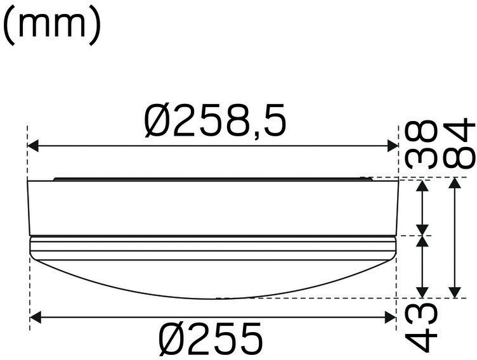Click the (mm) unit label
click(53, 26)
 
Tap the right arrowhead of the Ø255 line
click(390, 316)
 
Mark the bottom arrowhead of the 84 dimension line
click(455, 292)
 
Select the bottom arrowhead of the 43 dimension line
click(423, 292)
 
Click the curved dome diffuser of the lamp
click(213, 276)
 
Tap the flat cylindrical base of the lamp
click(213, 208)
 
